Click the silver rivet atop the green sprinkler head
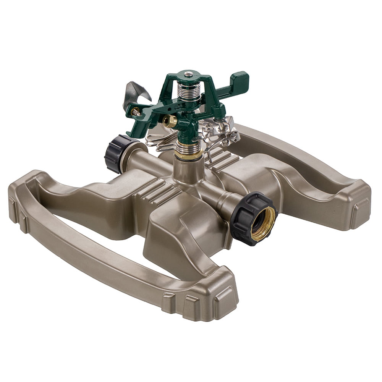pyautogui.click(x=188, y=74)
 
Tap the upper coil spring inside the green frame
pyautogui.click(x=188, y=92)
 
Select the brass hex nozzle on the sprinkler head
pyautogui.click(x=170, y=121)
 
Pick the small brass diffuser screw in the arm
pyautogui.click(x=135, y=112)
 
